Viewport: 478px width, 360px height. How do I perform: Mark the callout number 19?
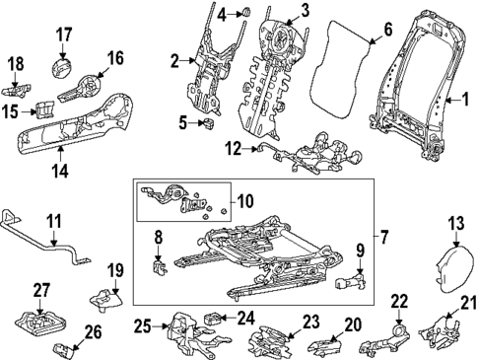[115, 269]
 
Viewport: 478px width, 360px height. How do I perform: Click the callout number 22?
[398, 300]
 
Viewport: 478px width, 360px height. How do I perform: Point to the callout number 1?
[455, 99]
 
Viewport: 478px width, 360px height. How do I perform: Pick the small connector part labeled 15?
[44, 108]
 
